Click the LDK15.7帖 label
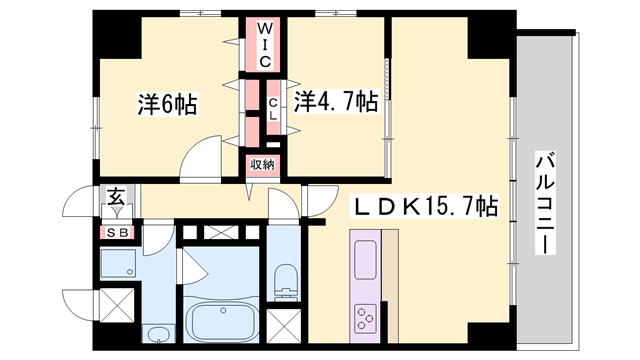point(423,209)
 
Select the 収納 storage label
point(262,164)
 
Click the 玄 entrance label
point(116,198)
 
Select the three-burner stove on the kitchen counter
point(362,319)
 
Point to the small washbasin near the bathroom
point(157,332)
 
